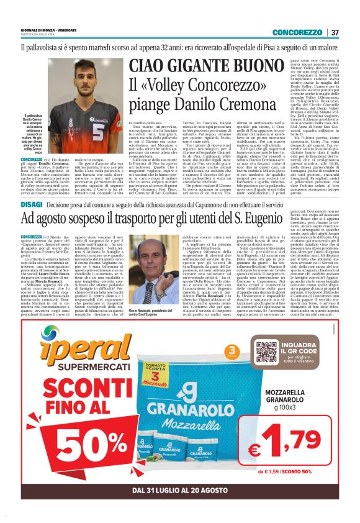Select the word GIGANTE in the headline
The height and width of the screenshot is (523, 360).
[x=194, y=66]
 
